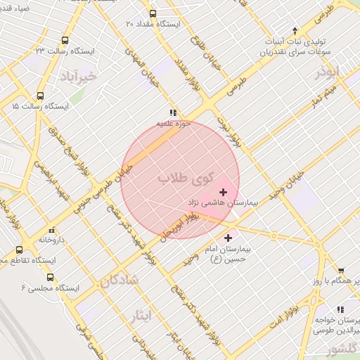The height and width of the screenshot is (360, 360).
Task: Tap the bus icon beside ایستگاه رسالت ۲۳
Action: click(x=65, y=41)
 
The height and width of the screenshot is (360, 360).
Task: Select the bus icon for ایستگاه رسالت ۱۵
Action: click(x=39, y=96)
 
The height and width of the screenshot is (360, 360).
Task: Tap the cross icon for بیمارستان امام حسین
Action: click(x=228, y=238)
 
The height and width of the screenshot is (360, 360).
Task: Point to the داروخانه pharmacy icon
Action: click(x=51, y=230)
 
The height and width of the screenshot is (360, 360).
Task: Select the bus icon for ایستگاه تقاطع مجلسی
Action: click(x=19, y=250)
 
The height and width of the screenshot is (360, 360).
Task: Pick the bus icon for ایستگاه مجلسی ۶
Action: click(x=49, y=277)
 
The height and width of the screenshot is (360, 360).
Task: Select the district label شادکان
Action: click(x=120, y=280)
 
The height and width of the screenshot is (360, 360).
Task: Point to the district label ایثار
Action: click(x=141, y=316)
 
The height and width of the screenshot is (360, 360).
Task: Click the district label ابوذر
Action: click(x=327, y=72)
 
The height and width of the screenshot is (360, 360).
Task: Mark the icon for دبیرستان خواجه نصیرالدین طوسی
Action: click(x=341, y=309)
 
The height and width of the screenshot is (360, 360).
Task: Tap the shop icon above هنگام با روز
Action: click(x=341, y=270)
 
